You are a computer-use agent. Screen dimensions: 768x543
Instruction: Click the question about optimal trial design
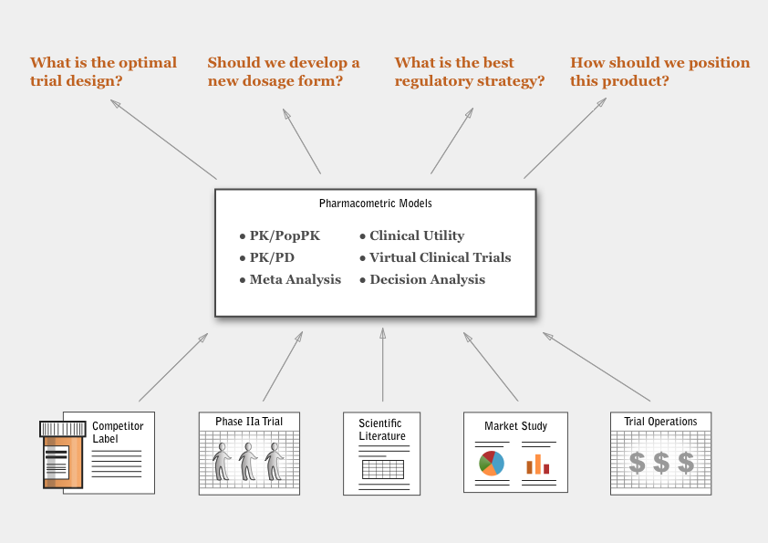[103, 71]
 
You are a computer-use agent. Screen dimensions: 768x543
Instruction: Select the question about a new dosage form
[284, 71]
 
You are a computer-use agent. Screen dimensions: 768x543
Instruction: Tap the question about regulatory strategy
[469, 71]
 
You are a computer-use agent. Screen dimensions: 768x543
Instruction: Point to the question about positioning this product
[659, 71]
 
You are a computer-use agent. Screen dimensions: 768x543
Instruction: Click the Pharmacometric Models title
[376, 204]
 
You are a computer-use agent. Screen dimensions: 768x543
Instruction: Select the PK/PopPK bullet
[280, 236]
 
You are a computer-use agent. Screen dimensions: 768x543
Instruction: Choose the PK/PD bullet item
[267, 257]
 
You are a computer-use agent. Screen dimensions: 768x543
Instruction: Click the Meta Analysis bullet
[290, 279]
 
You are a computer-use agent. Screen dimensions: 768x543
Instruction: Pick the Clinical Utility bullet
[412, 235]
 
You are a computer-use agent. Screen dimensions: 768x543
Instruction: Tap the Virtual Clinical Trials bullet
[435, 257]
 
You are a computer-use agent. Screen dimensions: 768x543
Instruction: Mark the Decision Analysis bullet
[422, 279]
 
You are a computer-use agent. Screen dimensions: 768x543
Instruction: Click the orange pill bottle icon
[63, 454]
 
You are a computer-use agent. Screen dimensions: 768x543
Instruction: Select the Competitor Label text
[118, 433]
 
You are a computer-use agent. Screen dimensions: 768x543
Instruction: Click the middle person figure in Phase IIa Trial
[248, 461]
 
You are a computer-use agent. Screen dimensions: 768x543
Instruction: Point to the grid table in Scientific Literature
[383, 469]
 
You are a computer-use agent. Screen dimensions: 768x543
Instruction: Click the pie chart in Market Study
[492, 463]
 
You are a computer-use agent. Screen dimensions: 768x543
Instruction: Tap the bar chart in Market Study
[538, 465]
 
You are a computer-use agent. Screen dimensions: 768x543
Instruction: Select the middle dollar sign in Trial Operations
[661, 462]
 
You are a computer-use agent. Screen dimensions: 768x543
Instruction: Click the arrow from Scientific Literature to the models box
[382, 365]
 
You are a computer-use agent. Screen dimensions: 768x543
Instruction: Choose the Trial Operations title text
[660, 422]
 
